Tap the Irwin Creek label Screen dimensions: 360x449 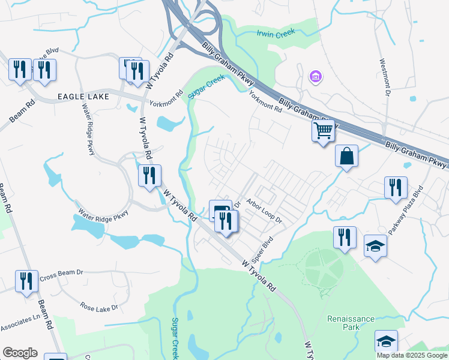276,34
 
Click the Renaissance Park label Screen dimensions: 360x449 351,323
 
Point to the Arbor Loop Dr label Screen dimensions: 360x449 264,212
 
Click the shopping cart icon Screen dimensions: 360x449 323,130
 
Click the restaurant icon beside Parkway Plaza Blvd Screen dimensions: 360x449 396,187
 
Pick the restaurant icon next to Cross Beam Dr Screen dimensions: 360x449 26,281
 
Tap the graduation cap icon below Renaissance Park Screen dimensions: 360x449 386,341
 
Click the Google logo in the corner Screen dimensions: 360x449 20,353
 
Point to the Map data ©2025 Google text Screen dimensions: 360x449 411,355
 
